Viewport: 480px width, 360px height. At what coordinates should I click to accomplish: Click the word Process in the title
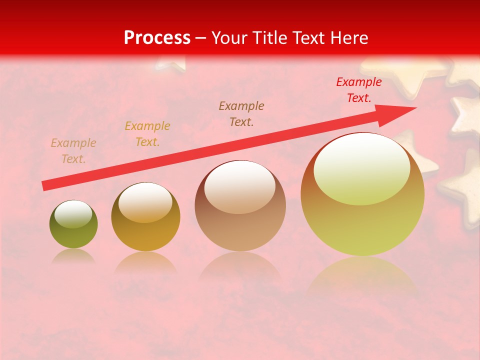[x=157, y=38]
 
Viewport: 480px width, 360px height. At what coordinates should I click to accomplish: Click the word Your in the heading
[x=229, y=38]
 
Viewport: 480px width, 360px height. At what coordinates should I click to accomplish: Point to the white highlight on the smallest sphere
[x=73, y=214]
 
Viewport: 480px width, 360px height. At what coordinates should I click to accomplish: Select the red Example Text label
[x=359, y=90]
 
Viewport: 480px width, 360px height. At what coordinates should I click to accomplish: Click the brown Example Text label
[x=241, y=113]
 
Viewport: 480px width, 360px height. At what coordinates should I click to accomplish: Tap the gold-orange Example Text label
[x=147, y=134]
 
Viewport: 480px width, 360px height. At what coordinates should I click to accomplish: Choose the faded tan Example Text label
[x=73, y=151]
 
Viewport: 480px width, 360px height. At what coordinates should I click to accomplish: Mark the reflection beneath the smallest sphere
[x=73, y=256]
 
